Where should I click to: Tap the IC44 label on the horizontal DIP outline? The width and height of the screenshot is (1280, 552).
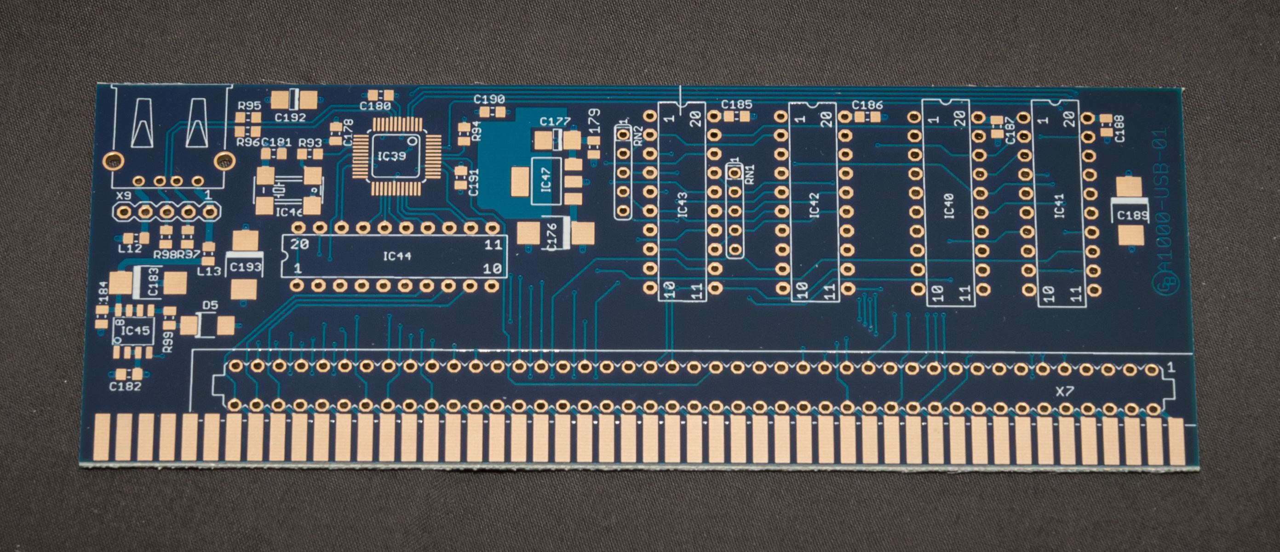[x=397, y=256]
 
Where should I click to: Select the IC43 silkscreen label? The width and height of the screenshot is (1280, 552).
[x=682, y=204]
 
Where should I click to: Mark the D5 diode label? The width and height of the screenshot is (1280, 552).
[x=210, y=305]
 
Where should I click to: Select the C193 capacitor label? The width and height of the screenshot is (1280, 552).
[x=246, y=267]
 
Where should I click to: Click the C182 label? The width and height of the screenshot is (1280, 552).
[x=125, y=386]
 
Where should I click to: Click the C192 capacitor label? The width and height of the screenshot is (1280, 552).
[x=290, y=118]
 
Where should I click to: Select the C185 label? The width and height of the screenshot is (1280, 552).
[x=736, y=105]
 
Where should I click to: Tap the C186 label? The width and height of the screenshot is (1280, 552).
[x=867, y=105]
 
